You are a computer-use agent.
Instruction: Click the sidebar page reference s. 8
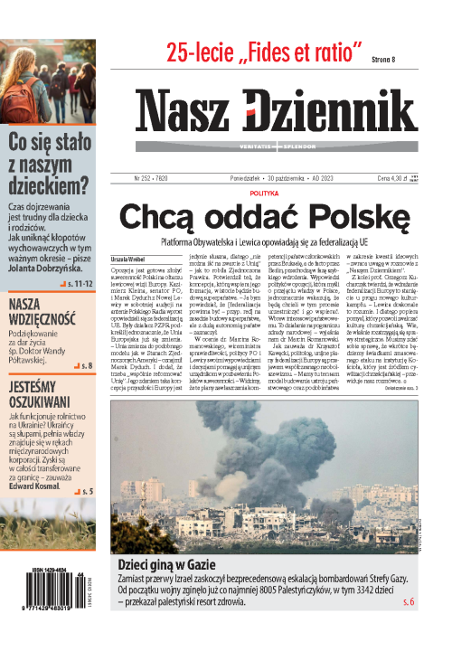click(x=87, y=366)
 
